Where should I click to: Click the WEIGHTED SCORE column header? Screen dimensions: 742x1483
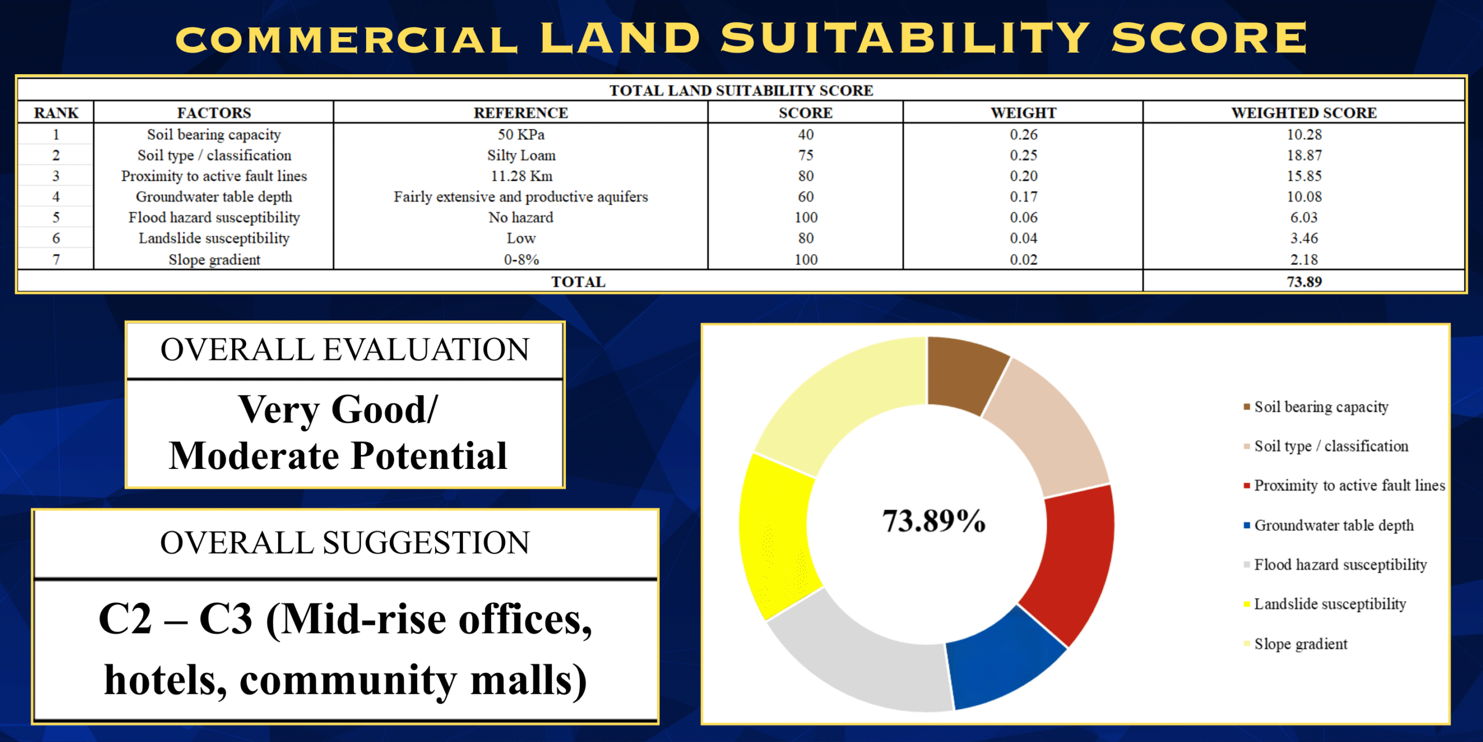coord(1303,112)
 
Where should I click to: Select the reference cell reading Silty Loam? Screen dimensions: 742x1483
coord(521,155)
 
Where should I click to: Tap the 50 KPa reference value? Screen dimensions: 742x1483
coord(521,134)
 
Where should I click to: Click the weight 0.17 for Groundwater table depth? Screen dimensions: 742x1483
coord(1023,197)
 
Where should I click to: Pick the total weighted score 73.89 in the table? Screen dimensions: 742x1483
coord(1304,282)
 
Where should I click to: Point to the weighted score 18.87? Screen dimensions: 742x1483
coord(1304,155)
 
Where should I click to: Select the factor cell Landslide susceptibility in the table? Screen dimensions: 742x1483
coord(214,238)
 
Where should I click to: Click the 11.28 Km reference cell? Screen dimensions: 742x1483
coord(521,176)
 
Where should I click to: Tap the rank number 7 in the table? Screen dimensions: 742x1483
coord(56,260)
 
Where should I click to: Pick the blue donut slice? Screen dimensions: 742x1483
coord(1002,661)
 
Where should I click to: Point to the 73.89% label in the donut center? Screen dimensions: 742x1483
coord(933,521)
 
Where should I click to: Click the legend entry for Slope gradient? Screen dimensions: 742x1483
coord(1300,644)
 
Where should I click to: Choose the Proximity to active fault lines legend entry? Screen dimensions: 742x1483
coord(1349,485)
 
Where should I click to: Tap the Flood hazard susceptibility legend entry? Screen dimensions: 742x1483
coord(1339,565)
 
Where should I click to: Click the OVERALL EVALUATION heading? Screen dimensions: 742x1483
coord(345,350)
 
